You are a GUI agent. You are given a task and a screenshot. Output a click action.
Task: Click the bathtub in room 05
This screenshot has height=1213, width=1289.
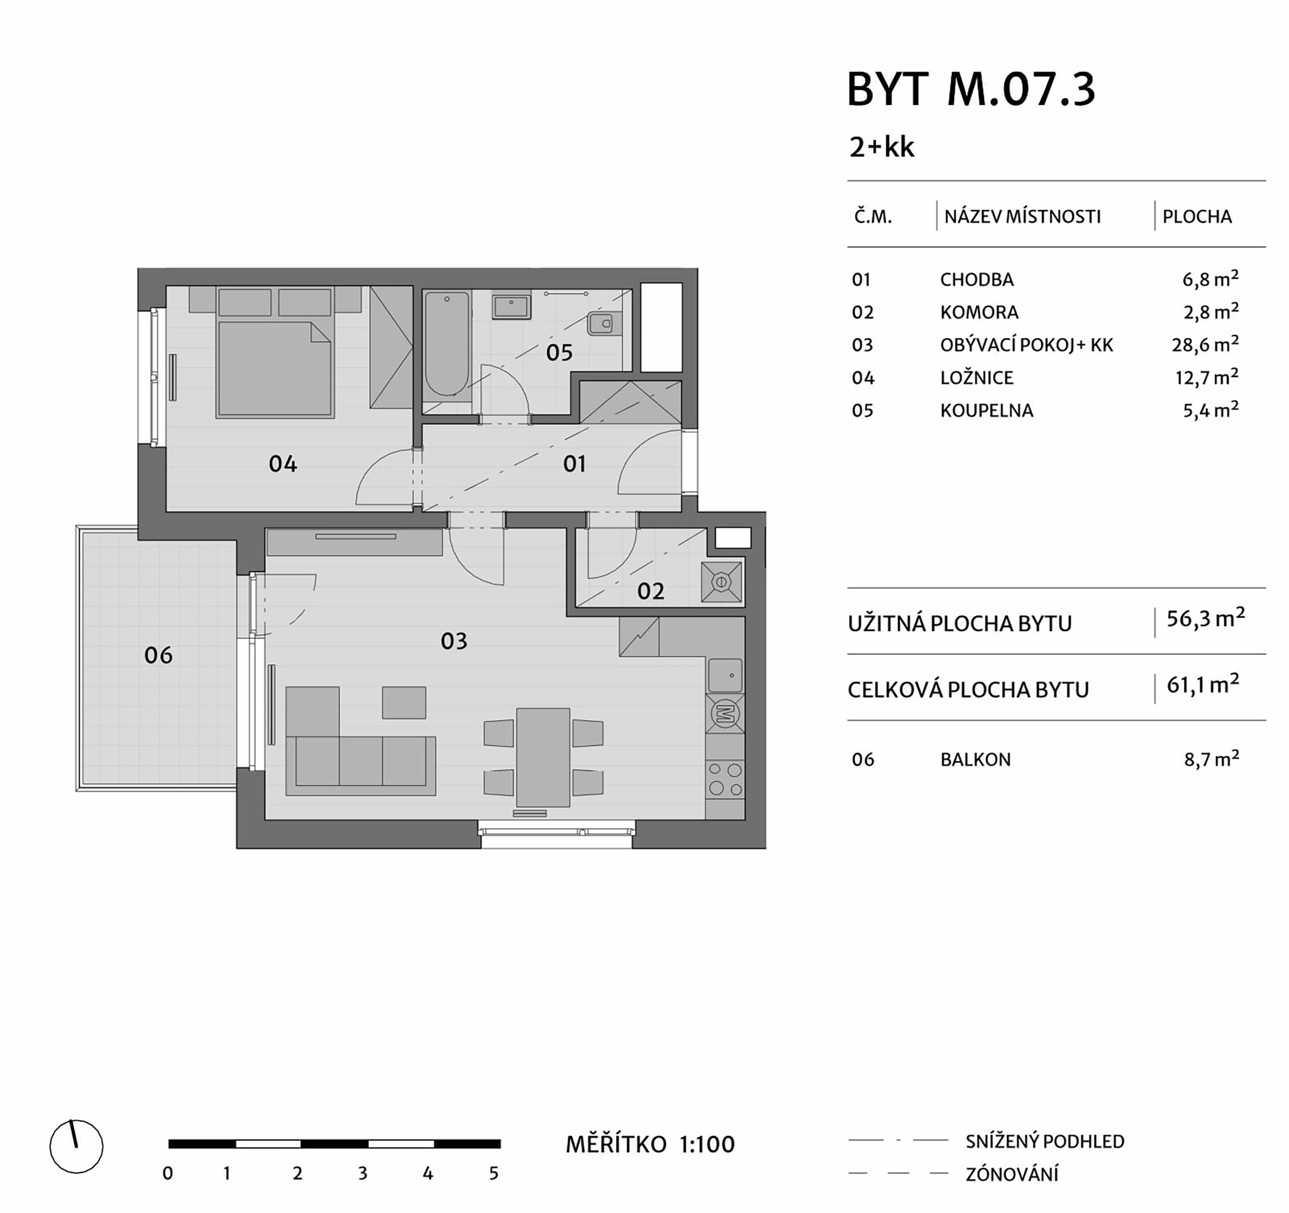(447, 343)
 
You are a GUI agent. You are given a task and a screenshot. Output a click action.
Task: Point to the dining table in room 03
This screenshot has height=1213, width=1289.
(543, 757)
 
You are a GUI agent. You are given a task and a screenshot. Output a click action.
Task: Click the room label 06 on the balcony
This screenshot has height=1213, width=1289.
(158, 656)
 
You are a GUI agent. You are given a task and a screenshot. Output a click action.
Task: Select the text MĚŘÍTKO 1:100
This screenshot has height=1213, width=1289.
(650, 1145)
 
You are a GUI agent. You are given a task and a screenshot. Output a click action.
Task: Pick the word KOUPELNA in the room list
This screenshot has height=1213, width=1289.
(986, 410)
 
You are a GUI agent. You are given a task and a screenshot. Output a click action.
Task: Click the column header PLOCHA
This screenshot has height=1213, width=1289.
(1197, 216)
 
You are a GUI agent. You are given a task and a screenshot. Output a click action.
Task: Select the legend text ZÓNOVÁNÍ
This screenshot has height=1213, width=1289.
(1012, 1174)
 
